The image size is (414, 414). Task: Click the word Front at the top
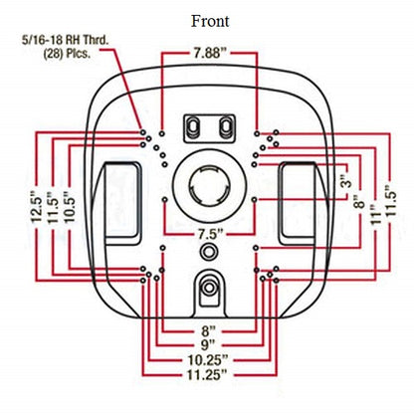[x=210, y=21]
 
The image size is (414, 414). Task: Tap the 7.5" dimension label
[x=209, y=234]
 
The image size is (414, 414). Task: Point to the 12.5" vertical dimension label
[x=36, y=206]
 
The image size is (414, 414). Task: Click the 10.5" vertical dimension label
[x=70, y=206]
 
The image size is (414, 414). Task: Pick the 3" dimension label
[x=346, y=180]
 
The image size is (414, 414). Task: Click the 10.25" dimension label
[x=208, y=360]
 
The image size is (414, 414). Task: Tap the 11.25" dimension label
[x=207, y=375]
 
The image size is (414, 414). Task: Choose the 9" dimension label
[x=208, y=345]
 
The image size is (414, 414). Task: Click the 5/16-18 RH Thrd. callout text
[x=65, y=40]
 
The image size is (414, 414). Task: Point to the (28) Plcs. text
[x=67, y=54]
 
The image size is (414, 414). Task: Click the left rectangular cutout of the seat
[x=121, y=203]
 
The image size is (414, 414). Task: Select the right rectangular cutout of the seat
[x=298, y=203]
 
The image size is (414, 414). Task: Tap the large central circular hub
[x=209, y=186]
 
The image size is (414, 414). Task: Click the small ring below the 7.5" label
[x=208, y=252]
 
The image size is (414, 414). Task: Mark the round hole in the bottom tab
[x=209, y=288]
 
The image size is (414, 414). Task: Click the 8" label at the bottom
[x=208, y=330]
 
